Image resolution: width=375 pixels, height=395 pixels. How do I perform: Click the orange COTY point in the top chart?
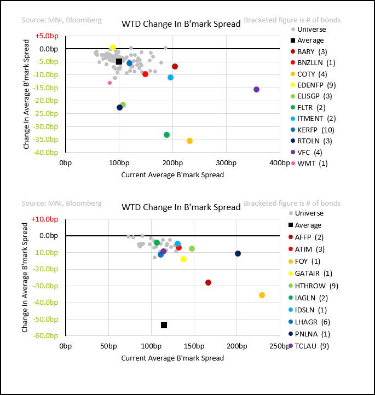[x=189, y=141]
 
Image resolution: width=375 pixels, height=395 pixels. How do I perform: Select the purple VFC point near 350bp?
[x=256, y=89]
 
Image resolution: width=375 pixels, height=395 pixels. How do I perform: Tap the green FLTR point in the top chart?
[x=166, y=135]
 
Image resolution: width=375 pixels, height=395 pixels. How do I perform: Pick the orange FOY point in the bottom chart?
[x=262, y=295]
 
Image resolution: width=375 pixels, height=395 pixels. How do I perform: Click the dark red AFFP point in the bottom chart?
[x=208, y=282]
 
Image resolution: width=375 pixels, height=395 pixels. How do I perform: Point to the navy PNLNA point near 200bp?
[x=238, y=253]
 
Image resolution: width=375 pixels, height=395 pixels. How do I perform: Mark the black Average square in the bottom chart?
[x=164, y=325]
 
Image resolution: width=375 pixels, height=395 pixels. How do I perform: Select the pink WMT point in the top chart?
[x=109, y=83]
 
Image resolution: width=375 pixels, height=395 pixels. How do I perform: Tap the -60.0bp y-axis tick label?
[x=47, y=336]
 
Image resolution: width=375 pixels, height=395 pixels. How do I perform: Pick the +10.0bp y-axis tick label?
[x=45, y=219]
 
